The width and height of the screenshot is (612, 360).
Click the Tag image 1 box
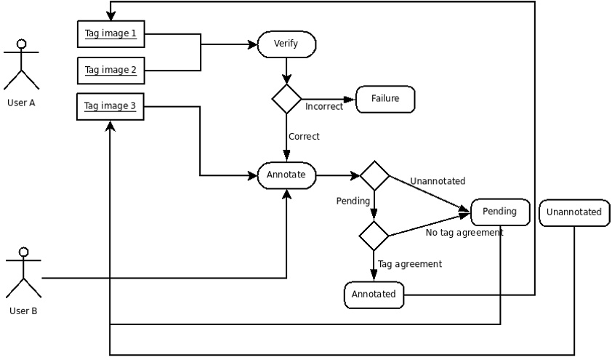[x=110, y=33]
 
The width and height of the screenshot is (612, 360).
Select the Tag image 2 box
[x=110, y=71]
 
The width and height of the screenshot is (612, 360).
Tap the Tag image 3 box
[x=110, y=106]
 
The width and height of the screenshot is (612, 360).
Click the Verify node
[x=286, y=44]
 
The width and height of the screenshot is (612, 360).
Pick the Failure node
[x=384, y=100]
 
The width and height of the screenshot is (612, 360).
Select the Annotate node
[x=286, y=175]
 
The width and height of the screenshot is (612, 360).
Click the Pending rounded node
[x=501, y=212]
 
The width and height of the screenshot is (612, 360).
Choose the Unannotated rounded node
[x=573, y=212]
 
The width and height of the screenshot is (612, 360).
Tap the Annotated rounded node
[x=374, y=294]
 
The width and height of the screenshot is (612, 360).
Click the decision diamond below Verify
[x=286, y=99]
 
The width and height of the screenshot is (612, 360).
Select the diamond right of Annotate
[x=374, y=175]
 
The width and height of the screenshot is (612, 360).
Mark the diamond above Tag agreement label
[x=374, y=235]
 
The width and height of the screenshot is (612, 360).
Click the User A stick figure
[x=21, y=65]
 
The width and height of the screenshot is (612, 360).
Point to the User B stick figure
[x=23, y=273]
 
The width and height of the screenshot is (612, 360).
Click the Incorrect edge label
[x=324, y=108]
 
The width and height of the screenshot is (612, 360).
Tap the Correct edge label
[x=304, y=136]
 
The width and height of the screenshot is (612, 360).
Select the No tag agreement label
[x=464, y=233]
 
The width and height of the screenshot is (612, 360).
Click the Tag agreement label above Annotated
[x=409, y=264]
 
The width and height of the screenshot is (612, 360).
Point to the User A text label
[x=21, y=103]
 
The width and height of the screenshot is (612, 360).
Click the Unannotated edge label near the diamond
[x=438, y=181]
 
